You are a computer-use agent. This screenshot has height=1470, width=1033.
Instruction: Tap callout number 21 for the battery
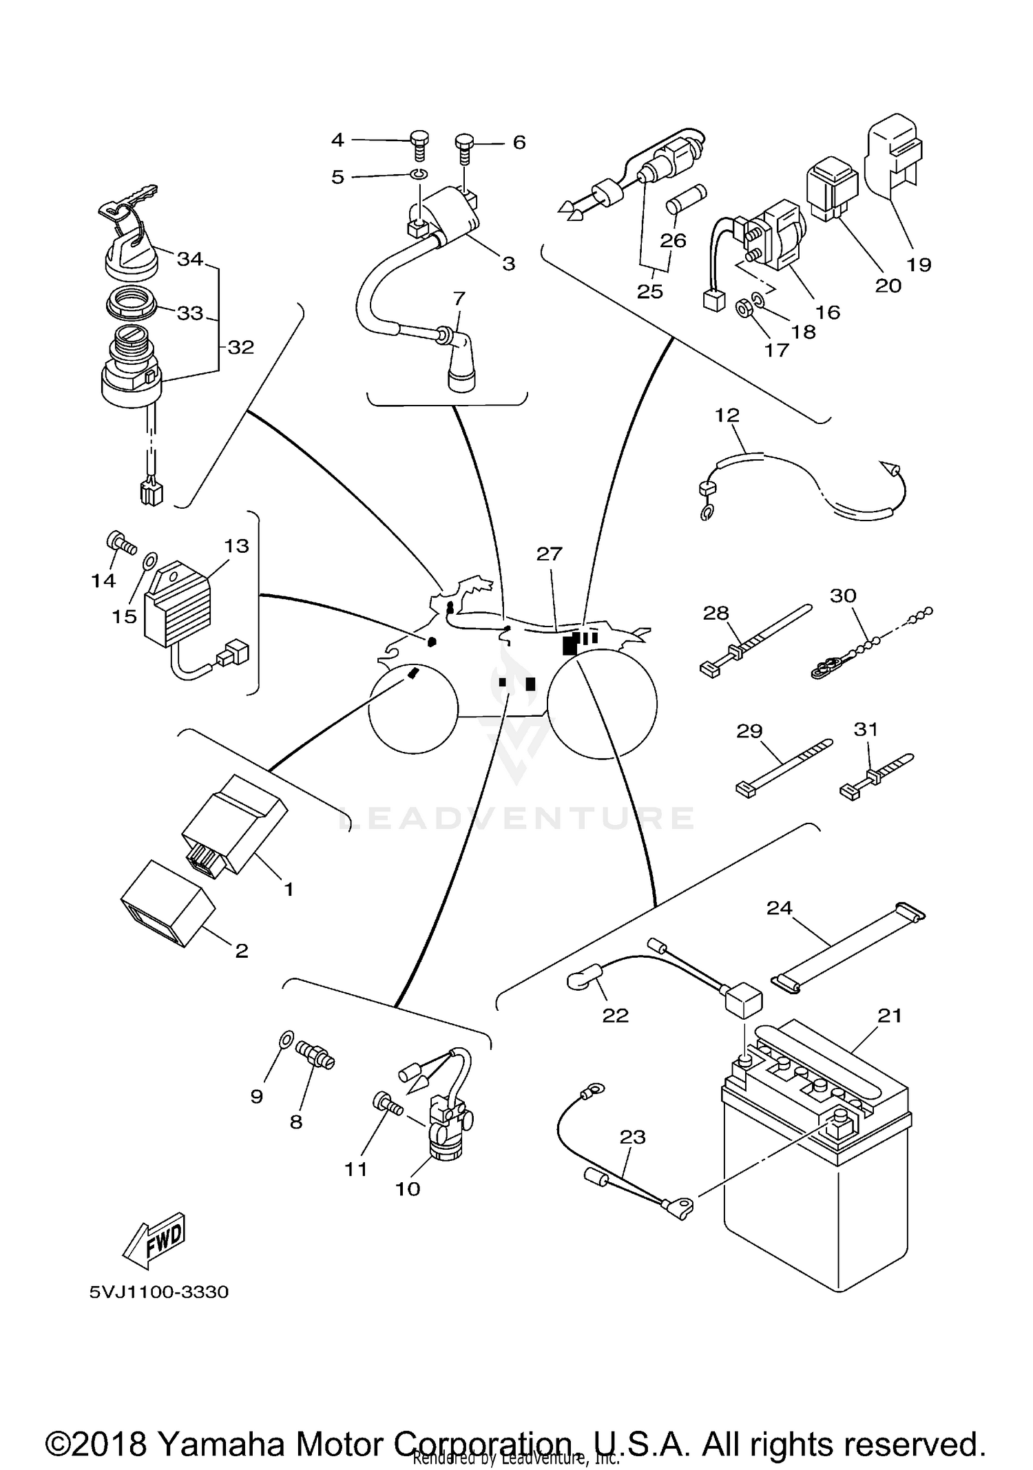(890, 1016)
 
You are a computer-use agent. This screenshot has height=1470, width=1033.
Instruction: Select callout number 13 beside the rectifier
(236, 546)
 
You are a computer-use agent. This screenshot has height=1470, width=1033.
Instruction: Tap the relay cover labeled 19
(893, 155)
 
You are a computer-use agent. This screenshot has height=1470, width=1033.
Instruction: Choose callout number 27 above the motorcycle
(550, 554)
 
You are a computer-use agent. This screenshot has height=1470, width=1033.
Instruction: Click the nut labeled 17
(743, 308)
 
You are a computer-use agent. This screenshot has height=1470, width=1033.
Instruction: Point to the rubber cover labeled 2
(167, 903)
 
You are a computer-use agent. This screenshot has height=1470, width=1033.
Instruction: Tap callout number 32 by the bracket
(241, 348)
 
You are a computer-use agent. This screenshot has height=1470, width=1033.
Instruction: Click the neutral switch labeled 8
(315, 1054)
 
